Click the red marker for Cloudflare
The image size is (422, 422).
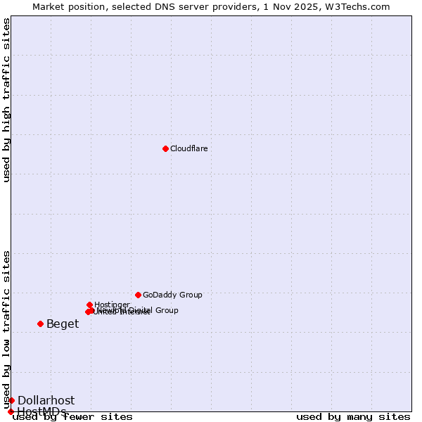click(165, 148)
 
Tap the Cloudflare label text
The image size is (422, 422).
click(188, 148)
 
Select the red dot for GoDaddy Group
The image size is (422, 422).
click(138, 295)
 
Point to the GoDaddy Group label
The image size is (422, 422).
click(172, 295)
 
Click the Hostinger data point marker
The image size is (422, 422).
click(89, 305)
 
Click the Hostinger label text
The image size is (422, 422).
click(112, 305)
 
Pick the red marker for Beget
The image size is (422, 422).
click(40, 324)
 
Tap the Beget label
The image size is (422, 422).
click(63, 324)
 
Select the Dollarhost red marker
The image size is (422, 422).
click(11, 400)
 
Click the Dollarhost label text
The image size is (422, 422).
click(46, 400)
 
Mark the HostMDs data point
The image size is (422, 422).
click(11, 411)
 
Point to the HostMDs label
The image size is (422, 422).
click(41, 411)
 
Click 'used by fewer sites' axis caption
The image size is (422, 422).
click(72, 416)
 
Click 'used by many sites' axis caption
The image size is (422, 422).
click(353, 416)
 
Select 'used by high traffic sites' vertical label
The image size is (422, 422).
click(6, 100)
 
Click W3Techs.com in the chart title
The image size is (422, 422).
click(362, 6)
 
